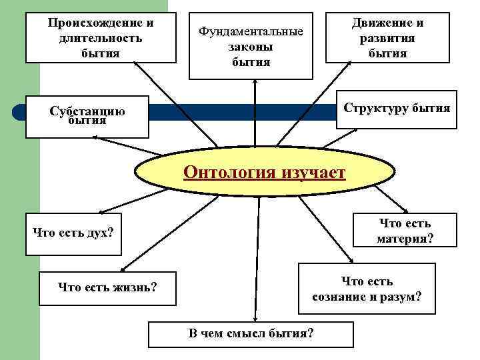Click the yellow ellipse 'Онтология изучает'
pos(264,174)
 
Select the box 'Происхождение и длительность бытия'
pos(101,38)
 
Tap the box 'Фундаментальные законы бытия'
pos(251,46)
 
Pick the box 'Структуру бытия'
pos(396,108)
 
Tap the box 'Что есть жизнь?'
pos(108,288)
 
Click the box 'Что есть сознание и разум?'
pos(367,289)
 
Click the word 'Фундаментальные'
pos(251,31)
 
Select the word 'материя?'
pos(405,239)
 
